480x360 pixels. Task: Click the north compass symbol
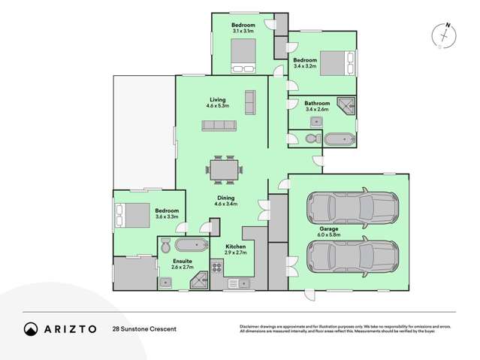(x=445, y=35)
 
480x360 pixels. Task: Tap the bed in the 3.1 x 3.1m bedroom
(x=244, y=55)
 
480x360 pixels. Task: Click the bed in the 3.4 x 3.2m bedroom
(x=334, y=62)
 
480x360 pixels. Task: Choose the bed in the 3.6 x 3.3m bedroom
(x=131, y=216)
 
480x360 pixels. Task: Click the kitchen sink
(x=241, y=283)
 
